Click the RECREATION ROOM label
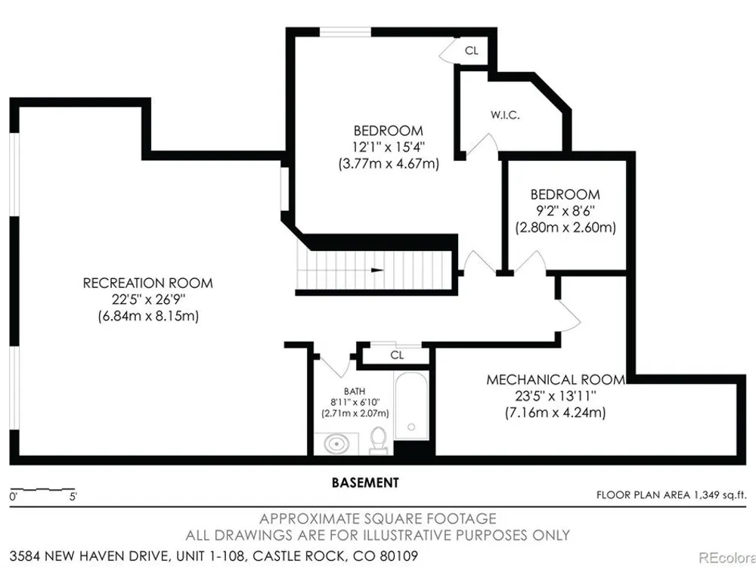148,283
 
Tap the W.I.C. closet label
505,115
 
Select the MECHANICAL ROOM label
556,380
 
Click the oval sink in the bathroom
336,444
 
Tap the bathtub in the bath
411,405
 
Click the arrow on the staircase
377,270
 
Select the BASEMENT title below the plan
365,482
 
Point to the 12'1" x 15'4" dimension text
389,147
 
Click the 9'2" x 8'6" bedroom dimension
565,211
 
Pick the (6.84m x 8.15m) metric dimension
148,317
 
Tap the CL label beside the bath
397,355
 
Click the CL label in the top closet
472,50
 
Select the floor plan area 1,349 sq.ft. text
671,494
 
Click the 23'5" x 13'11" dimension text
556,396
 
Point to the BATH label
355,392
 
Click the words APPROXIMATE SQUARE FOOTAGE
378,519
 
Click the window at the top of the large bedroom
345,33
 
